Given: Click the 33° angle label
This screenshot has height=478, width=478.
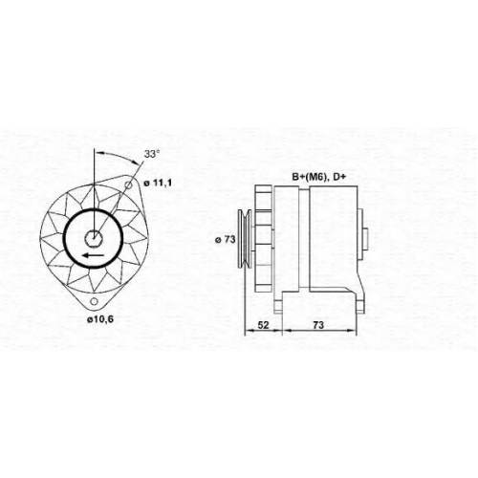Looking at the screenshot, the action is pyautogui.click(x=151, y=154).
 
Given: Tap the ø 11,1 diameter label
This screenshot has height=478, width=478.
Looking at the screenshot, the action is pyautogui.click(x=158, y=183).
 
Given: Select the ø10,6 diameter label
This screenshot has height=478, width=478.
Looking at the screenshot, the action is pyautogui.click(x=100, y=319).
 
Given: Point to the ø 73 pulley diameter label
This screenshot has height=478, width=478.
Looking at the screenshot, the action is pyautogui.click(x=225, y=240).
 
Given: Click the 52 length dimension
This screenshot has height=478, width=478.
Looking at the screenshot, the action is pyautogui.click(x=263, y=325).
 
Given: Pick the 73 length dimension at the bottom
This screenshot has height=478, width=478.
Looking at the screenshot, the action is pyautogui.click(x=318, y=325).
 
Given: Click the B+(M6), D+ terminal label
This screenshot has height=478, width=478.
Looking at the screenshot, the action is pyautogui.click(x=318, y=177).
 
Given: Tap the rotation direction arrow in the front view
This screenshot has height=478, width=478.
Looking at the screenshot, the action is pyautogui.click(x=93, y=255).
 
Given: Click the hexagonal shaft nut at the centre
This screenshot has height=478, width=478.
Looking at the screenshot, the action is pyautogui.click(x=94, y=237).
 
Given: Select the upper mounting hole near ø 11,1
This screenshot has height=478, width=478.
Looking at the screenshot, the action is pyautogui.click(x=128, y=185).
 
